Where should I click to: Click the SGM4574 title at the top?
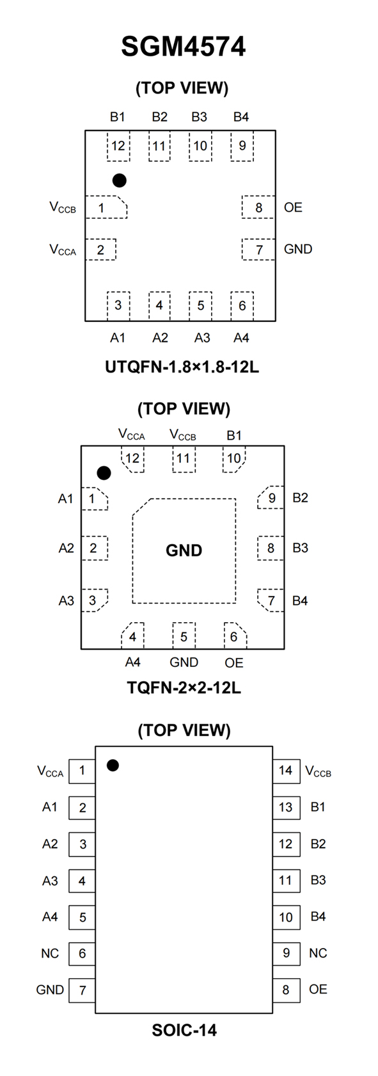click(183, 47)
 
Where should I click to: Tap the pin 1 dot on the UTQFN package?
click(120, 180)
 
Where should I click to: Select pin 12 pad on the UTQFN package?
click(118, 145)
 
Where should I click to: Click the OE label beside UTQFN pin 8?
click(293, 207)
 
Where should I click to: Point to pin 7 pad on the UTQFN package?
click(258, 249)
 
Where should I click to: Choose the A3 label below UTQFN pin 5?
click(202, 338)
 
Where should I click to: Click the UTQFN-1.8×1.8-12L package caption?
click(182, 367)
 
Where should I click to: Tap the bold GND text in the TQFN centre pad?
click(184, 550)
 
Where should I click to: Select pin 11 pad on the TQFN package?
click(184, 459)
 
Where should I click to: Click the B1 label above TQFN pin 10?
click(233, 435)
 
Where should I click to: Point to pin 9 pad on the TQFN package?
click(271, 497)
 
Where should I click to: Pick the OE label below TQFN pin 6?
click(233, 663)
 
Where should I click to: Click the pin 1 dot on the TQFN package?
click(104, 473)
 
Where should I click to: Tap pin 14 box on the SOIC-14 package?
click(287, 771)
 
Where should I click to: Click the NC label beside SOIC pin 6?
click(50, 953)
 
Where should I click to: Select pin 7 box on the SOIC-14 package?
click(82, 990)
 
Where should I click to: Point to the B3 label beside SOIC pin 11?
click(318, 880)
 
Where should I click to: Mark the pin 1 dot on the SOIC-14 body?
click(113, 765)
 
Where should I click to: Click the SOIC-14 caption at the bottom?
click(184, 1030)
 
